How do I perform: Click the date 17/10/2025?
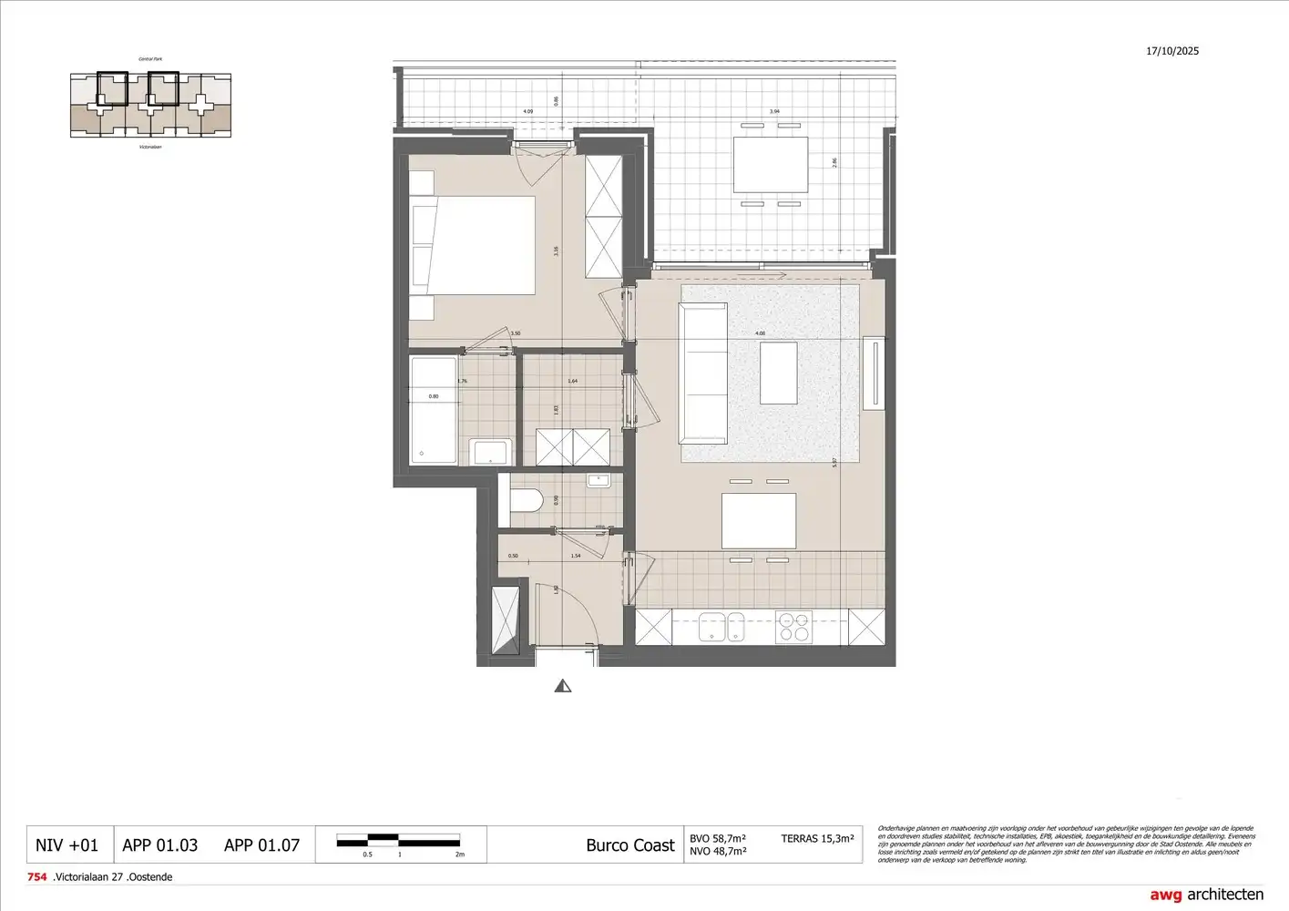1172,51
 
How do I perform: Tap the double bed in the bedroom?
474,245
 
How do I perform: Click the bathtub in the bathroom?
433,410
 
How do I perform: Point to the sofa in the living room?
703,374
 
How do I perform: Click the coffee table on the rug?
778,373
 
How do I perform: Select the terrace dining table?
771,165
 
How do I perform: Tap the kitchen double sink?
721,626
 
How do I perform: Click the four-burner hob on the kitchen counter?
793,627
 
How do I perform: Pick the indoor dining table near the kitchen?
759,521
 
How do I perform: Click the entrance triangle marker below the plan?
563,686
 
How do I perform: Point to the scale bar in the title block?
398,841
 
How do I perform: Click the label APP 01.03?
160,845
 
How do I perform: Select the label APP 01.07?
261,845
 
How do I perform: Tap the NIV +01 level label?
66,845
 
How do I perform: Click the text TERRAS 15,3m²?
817,838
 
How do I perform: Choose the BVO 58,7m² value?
718,838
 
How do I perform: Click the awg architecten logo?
1206,895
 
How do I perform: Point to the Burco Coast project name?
630,845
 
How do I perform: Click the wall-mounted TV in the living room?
875,373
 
